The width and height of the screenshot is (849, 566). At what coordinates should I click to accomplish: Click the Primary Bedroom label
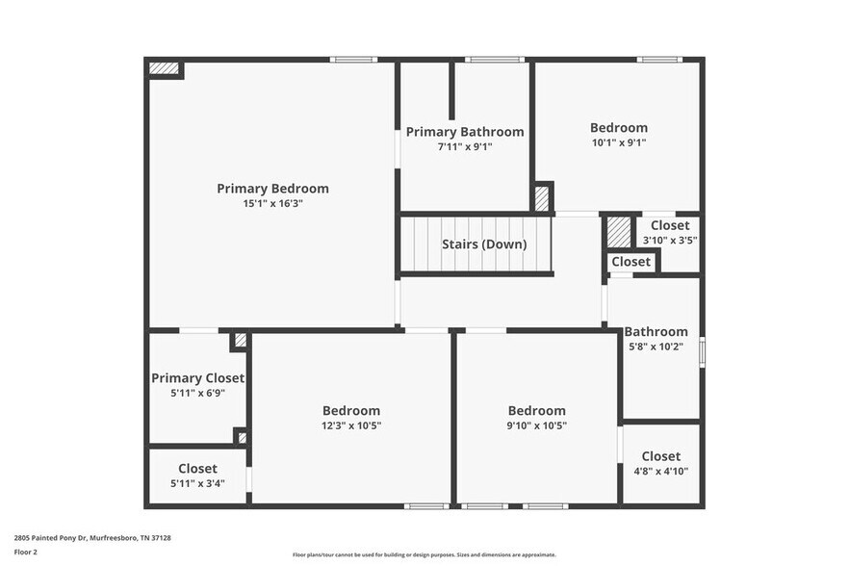[x=272, y=189]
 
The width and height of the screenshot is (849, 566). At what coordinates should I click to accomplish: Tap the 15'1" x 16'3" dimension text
[x=272, y=204]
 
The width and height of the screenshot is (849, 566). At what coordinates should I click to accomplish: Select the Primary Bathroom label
[x=465, y=132]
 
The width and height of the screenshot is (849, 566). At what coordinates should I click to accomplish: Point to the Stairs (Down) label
[x=484, y=244]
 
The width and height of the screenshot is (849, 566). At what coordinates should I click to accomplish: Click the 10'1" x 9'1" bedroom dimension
[x=618, y=142]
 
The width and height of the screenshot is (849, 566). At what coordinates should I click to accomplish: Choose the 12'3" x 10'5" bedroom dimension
[x=351, y=425]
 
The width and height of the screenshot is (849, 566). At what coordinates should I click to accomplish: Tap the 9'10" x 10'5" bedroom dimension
[x=536, y=425]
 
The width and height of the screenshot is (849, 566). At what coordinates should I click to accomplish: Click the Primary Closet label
[x=197, y=378]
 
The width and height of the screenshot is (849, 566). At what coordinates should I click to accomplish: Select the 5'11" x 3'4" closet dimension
[x=197, y=483]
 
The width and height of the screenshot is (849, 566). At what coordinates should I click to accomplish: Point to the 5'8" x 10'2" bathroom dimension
[x=656, y=347]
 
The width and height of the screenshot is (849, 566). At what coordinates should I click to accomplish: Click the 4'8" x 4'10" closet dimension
[x=660, y=472]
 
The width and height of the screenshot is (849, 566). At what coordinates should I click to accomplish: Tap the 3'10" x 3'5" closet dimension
[x=670, y=241]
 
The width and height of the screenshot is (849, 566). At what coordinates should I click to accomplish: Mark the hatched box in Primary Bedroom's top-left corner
[x=164, y=68]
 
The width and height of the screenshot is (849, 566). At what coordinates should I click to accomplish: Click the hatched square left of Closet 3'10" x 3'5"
[x=618, y=232]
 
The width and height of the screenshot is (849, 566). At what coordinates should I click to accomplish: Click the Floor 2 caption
[x=26, y=552]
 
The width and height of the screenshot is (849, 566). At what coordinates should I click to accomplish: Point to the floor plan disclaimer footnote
[x=424, y=554]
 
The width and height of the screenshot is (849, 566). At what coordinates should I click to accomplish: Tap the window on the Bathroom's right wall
[x=702, y=351]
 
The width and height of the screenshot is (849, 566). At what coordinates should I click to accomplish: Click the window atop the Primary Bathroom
[x=495, y=60]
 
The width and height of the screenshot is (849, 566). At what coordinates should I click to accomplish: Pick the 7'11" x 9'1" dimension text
[x=465, y=147]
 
